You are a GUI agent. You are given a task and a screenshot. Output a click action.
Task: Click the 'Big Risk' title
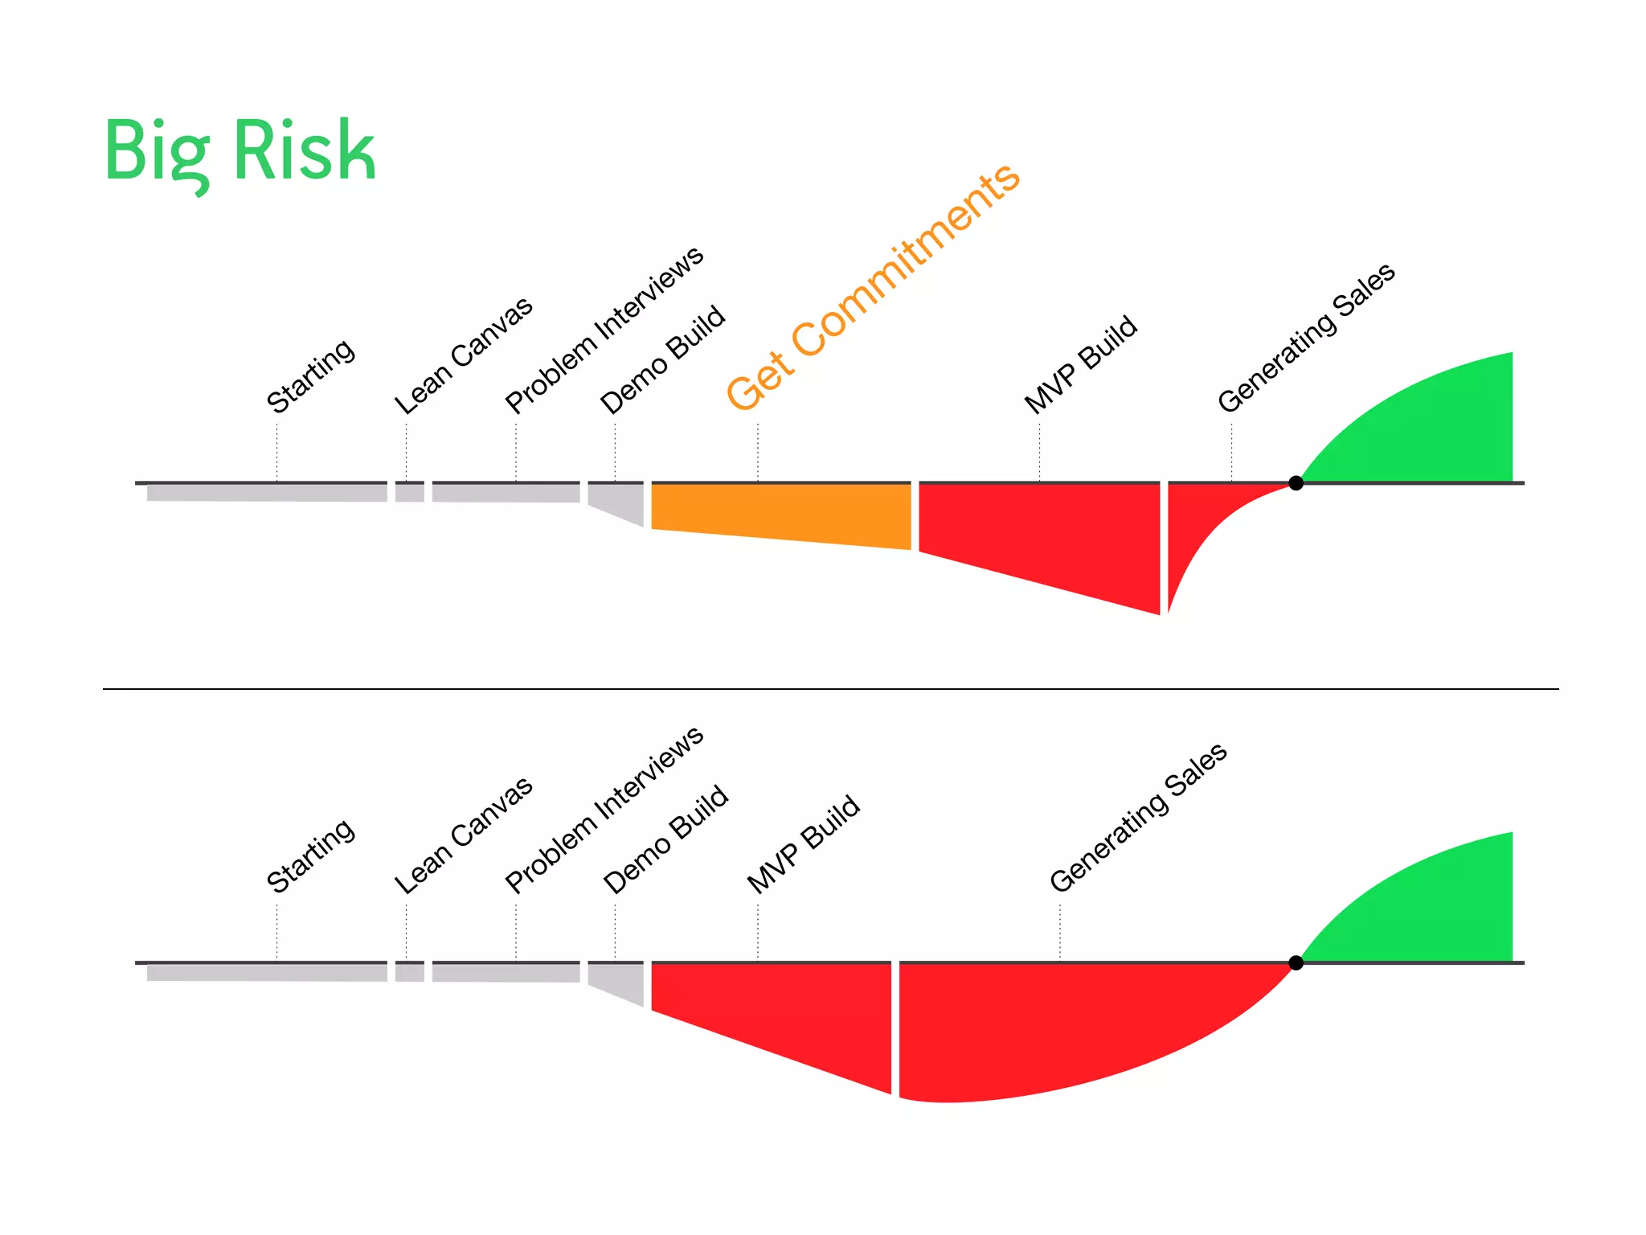coord(240,151)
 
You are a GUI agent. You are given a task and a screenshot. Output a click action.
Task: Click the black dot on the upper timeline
coord(1296,482)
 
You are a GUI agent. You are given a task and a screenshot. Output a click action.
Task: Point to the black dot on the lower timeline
coord(1296,962)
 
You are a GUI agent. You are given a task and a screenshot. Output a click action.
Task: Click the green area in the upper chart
coord(1439,426)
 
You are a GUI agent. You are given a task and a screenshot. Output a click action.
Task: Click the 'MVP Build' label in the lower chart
coord(803,844)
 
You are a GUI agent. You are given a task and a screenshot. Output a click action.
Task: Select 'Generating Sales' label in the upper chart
coord(1306,338)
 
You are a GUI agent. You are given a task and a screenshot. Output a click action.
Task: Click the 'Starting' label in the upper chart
coord(310,375)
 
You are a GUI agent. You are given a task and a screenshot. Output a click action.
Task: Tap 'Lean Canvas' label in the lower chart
coord(463,835)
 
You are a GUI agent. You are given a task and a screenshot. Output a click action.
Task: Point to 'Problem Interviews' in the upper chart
coord(604,330)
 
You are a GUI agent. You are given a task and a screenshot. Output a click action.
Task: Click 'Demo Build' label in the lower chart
coord(665,839)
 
